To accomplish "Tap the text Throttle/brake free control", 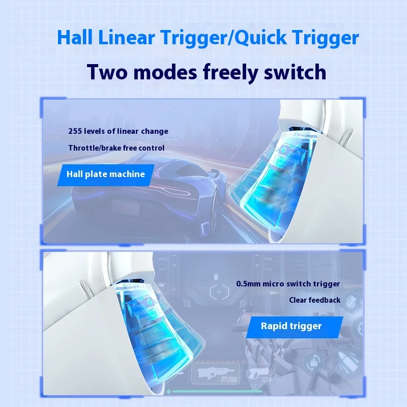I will click(117, 148).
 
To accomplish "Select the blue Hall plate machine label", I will click(106, 175).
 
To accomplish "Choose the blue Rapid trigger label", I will click(291, 326).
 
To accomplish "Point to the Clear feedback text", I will click(315, 300).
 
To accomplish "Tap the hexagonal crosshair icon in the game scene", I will click(220, 293).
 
